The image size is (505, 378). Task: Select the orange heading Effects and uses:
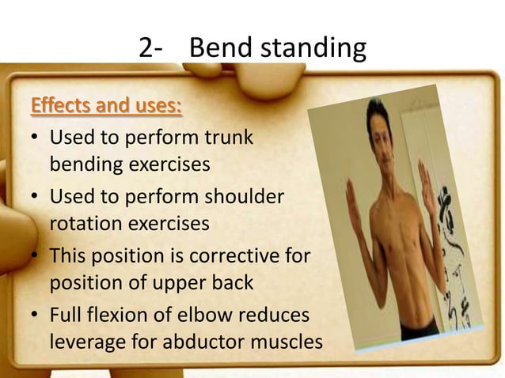[x=105, y=105]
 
